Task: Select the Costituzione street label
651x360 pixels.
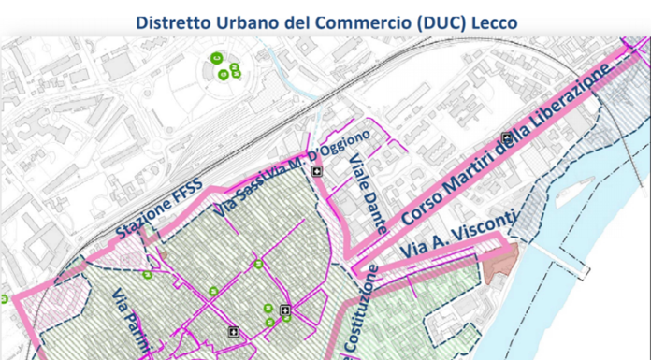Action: pos(358,313)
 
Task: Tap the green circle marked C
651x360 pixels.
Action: pos(216,57)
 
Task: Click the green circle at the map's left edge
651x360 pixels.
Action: pos(3,299)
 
